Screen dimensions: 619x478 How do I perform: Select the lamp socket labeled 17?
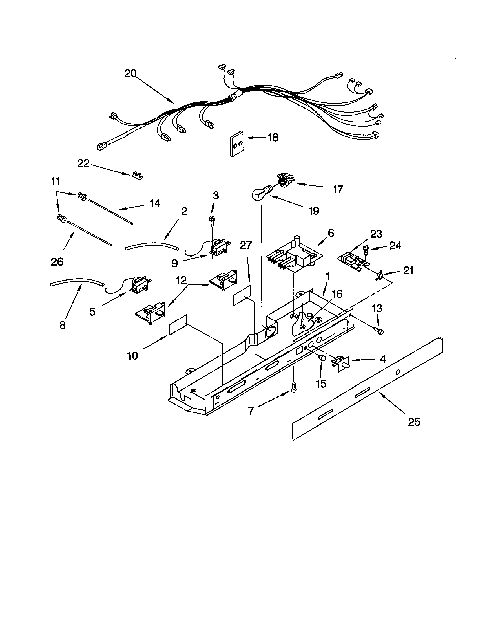click(285, 180)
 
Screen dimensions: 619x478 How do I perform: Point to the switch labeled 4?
click(341, 363)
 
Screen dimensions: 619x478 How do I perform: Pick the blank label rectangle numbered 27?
click(242, 295)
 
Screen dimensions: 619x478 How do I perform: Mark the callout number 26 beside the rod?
click(57, 262)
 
